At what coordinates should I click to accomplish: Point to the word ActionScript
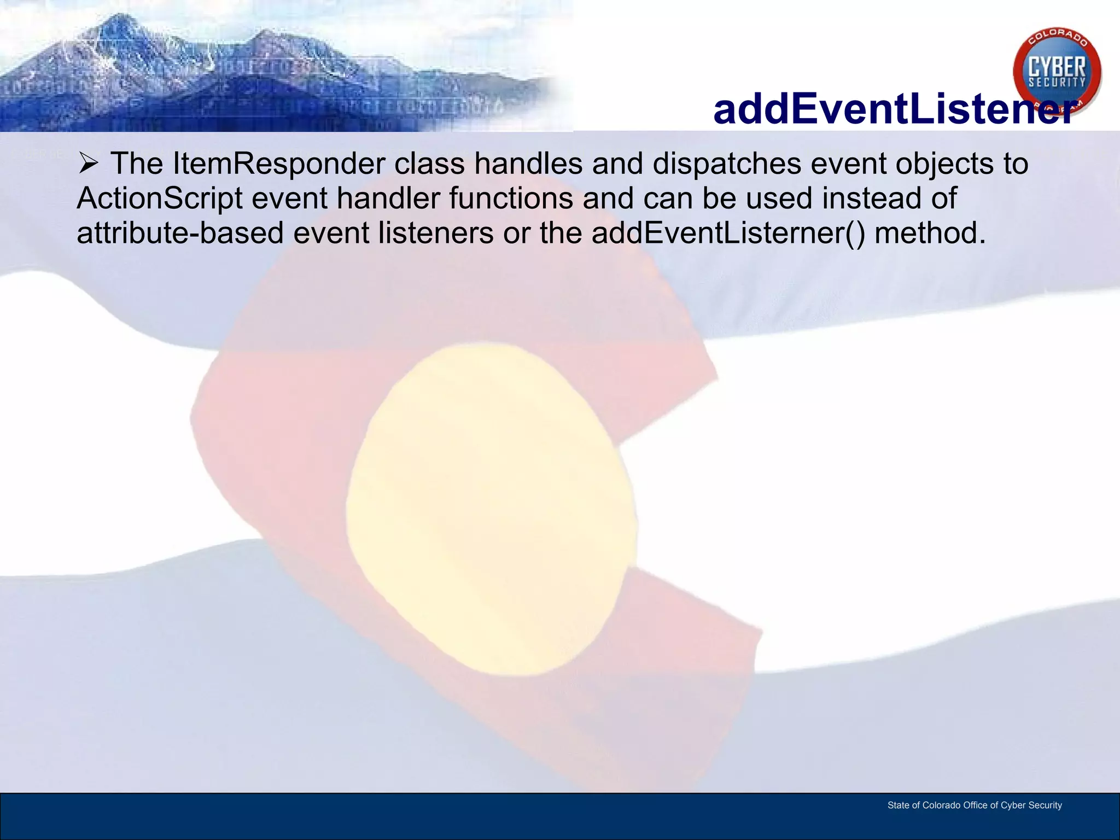point(159,199)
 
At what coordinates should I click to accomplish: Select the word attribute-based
point(180,234)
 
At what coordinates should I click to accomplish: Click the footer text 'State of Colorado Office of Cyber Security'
point(975,805)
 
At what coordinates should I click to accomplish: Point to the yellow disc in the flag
point(491,509)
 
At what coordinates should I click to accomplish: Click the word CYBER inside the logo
point(1057,68)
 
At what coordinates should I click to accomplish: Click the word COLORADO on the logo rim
point(1058,38)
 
